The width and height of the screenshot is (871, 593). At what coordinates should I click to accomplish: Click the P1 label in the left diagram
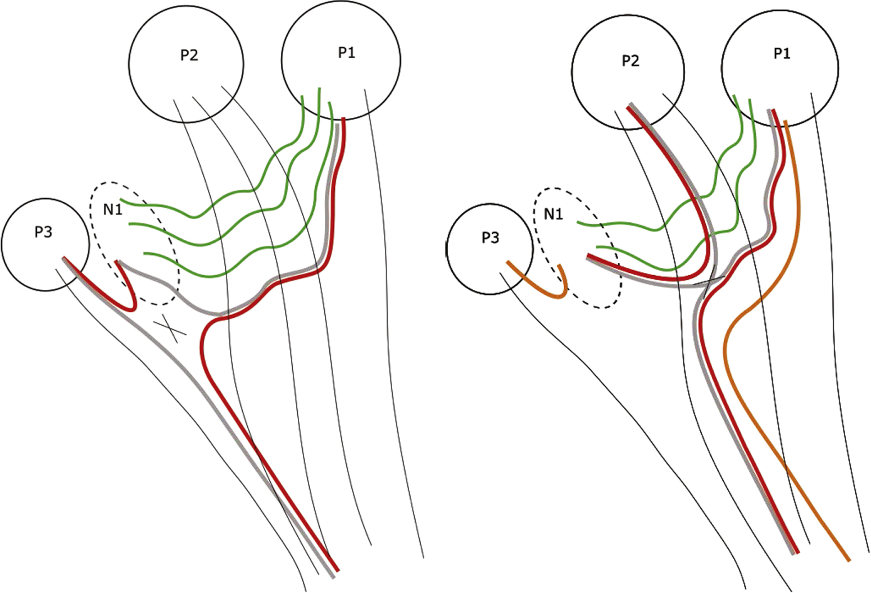click(346, 53)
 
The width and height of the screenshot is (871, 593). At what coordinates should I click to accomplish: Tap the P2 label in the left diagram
click(189, 56)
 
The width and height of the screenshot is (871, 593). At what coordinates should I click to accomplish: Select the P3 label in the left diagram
click(43, 232)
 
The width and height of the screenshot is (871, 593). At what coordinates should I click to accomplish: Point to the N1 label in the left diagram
click(112, 210)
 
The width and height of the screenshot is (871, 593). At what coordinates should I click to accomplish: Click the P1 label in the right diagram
click(782, 54)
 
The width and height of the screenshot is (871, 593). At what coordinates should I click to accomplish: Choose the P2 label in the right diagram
click(630, 61)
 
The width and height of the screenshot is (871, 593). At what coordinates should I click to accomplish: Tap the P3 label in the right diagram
click(490, 238)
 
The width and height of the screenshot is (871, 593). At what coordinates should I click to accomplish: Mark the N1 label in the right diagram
click(554, 214)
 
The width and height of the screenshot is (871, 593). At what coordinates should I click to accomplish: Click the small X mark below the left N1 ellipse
click(169, 328)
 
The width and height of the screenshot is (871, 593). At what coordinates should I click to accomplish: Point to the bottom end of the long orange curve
click(849, 560)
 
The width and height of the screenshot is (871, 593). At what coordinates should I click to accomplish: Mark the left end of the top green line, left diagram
click(122, 200)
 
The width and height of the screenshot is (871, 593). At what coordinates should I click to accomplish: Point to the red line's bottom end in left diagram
click(337, 569)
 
